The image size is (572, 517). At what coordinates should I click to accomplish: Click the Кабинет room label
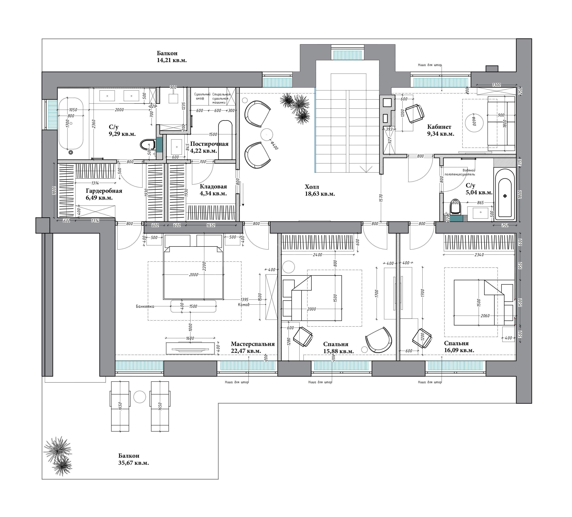[x=439, y=127]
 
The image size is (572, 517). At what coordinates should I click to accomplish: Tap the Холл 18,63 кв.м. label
[x=320, y=190]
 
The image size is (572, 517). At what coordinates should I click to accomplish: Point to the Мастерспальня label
[x=253, y=344]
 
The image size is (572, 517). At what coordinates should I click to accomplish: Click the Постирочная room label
[x=209, y=144]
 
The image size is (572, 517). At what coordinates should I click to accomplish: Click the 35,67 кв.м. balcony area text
[x=134, y=463]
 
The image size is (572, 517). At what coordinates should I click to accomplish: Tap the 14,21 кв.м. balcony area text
[x=172, y=60]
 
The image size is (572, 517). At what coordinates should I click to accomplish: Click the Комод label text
[x=244, y=305]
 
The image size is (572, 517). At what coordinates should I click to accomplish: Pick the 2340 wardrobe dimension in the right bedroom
[x=479, y=255]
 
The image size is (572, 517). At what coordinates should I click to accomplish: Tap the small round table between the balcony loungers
[x=140, y=396]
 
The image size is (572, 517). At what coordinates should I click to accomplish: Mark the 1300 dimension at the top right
[x=497, y=85]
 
